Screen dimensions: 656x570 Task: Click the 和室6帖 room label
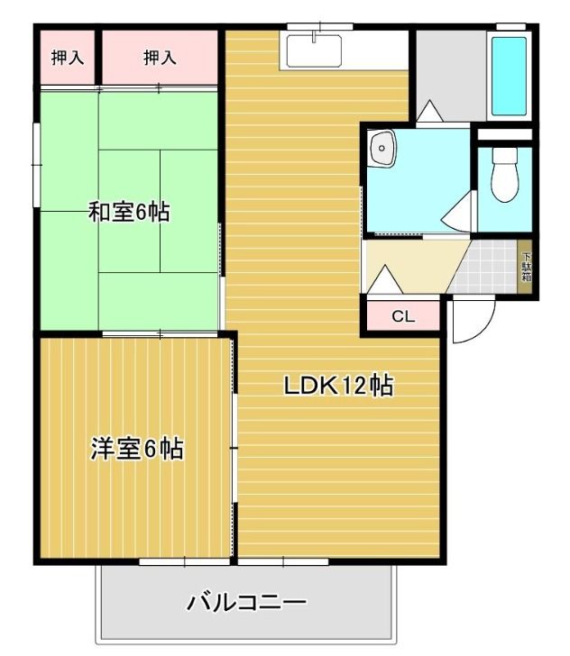[129, 213]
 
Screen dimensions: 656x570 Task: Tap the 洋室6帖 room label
[137, 448]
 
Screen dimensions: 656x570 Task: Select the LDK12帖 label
[338, 386]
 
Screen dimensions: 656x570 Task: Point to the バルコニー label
[246, 602]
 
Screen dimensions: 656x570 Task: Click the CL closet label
[402, 317]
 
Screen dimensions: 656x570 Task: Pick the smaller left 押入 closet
[68, 58]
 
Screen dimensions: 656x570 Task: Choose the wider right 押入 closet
[160, 58]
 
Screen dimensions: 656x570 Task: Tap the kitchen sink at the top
[314, 50]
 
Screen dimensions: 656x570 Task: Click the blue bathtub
[510, 77]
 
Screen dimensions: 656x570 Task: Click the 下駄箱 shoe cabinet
[526, 266]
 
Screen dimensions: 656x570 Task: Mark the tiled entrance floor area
[488, 267]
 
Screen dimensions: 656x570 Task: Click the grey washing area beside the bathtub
[449, 72]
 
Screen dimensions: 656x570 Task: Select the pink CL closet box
[402, 317]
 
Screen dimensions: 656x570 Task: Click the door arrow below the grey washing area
[428, 112]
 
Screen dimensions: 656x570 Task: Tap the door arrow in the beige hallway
[384, 277]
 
